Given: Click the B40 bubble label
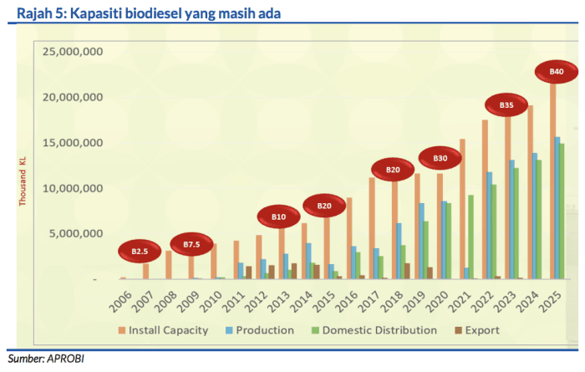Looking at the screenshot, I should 557,73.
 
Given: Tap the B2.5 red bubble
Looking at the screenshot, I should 139,251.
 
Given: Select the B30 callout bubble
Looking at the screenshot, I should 440,158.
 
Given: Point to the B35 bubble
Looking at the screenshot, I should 506,105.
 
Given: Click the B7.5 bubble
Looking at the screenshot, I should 191,244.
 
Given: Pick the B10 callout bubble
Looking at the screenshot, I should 279,217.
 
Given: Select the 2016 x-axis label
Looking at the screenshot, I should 351,301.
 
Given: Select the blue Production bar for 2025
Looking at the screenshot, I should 557,207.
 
